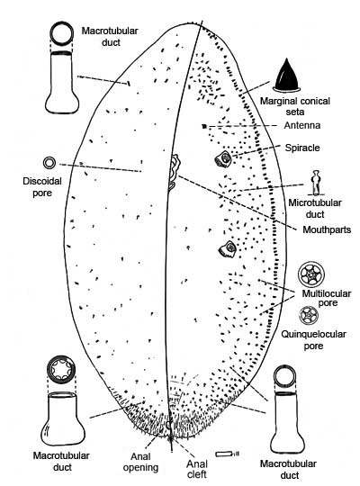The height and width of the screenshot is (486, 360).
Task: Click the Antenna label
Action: [x=302, y=125]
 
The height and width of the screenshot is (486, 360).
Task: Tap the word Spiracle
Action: [x=302, y=148]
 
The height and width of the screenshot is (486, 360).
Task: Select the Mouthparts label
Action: [x=327, y=229]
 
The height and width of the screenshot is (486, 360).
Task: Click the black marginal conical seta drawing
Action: [x=287, y=76]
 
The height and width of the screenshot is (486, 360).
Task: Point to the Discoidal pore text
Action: [x=42, y=187]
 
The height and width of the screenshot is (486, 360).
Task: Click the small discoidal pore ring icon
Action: [x=49, y=163]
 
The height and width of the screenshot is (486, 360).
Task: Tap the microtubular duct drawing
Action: [x=315, y=183]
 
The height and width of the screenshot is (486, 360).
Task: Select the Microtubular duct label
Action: [x=315, y=208]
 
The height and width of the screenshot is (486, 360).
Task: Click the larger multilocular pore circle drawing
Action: [x=311, y=274]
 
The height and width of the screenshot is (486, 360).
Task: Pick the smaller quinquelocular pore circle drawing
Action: [x=309, y=315]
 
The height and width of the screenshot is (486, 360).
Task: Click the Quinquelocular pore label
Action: [x=313, y=339]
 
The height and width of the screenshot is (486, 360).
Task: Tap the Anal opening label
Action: [x=140, y=462]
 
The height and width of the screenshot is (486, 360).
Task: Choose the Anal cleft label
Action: [x=197, y=469]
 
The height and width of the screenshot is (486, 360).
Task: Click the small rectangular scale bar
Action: [x=224, y=454]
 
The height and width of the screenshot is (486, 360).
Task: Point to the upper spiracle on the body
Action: [x=223, y=158]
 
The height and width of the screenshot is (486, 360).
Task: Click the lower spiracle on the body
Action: [x=228, y=249]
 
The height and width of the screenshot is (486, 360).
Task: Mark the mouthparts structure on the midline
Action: [x=174, y=171]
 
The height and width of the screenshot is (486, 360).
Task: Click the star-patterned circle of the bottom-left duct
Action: [x=61, y=369]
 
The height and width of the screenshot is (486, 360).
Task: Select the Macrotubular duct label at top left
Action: [x=110, y=37]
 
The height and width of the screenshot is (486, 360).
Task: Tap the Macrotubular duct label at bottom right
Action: [x=288, y=469]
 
